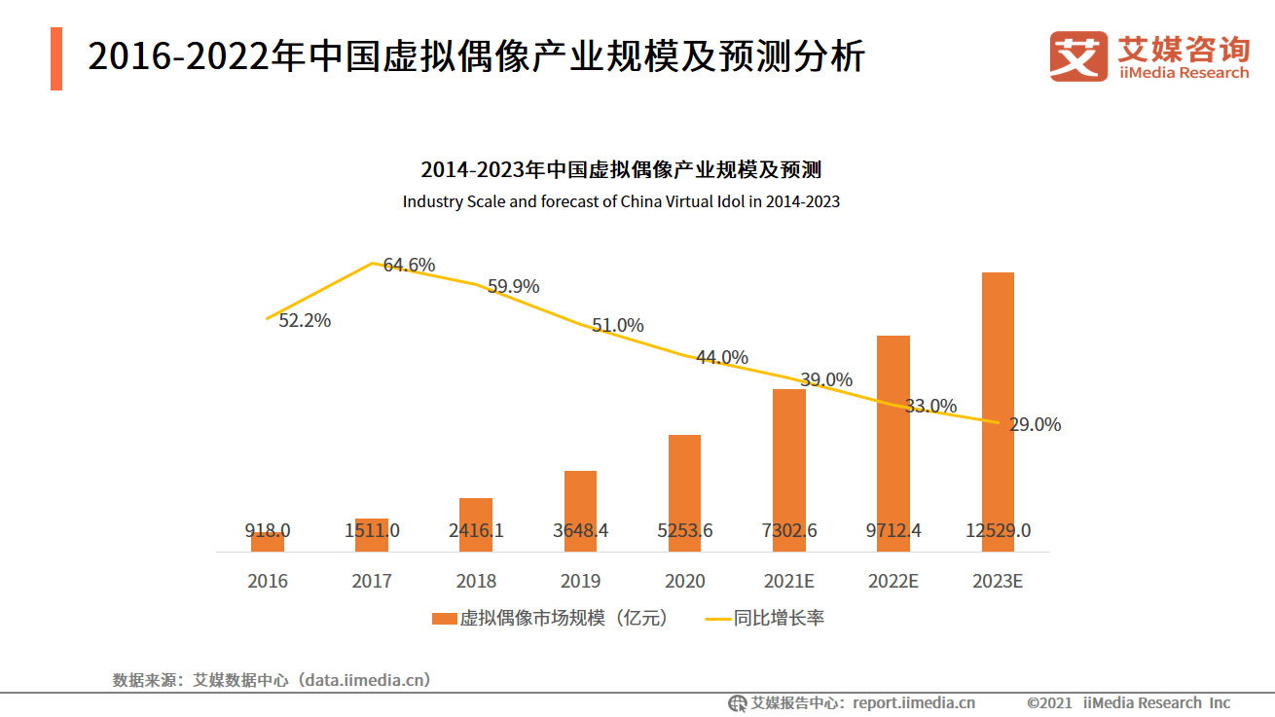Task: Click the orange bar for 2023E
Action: tap(998, 409)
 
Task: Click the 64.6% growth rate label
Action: tap(409, 265)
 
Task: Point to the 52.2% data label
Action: tap(305, 320)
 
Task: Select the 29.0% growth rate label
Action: tap(1035, 424)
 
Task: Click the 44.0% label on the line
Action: tap(722, 357)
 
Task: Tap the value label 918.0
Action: tap(268, 530)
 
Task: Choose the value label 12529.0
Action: tap(998, 530)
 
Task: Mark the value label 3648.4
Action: tap(580, 530)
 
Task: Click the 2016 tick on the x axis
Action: tap(268, 581)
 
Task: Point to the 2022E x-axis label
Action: tap(893, 581)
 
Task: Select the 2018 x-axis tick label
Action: tap(476, 581)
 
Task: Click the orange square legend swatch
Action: tap(444, 618)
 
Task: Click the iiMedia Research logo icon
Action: tap(1078, 55)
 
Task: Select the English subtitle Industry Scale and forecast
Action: tap(621, 202)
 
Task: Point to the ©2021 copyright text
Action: tap(1049, 702)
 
